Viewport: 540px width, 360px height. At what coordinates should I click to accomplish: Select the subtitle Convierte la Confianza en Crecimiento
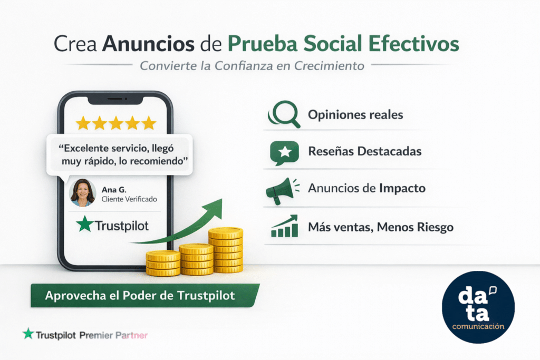pos(252,66)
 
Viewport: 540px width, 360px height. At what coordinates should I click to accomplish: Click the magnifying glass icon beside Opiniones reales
pos(284,115)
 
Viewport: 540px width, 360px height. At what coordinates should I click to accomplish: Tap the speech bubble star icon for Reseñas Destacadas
pos(284,153)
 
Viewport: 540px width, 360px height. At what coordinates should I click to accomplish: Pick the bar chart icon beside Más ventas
pos(284,227)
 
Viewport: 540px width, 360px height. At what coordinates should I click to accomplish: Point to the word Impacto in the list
pos(402,188)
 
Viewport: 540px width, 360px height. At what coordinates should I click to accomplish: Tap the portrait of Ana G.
pos(82,192)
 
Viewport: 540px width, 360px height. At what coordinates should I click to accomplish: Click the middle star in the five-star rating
pos(116,123)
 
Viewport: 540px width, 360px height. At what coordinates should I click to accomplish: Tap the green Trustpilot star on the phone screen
pos(83,225)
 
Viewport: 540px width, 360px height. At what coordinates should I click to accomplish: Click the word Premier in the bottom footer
pos(97,335)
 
